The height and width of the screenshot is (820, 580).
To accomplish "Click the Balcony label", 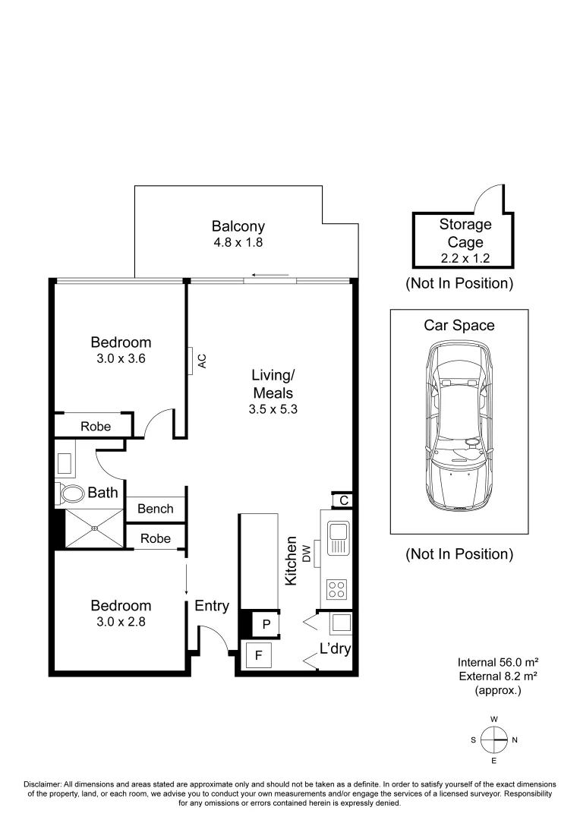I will [x=238, y=226].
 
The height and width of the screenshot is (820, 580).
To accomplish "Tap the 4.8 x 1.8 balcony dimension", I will [x=238, y=244].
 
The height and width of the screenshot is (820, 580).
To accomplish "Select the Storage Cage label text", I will [x=465, y=233].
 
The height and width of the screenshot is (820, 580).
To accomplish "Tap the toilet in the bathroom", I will [x=71, y=494].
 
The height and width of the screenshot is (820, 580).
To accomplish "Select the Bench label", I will [x=155, y=509].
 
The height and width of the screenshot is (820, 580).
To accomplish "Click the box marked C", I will [x=343, y=500].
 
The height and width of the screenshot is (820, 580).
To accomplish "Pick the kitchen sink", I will [x=338, y=537].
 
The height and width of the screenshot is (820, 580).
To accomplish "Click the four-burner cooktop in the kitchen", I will [x=338, y=589].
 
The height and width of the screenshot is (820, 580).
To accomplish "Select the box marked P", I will [x=266, y=625].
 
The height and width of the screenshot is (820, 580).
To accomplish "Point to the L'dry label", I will [x=334, y=649].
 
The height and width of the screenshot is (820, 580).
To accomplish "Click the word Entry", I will [x=212, y=606].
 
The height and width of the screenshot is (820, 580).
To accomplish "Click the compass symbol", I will [x=493, y=740].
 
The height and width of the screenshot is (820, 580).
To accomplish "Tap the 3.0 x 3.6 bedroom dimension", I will [x=121, y=358].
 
